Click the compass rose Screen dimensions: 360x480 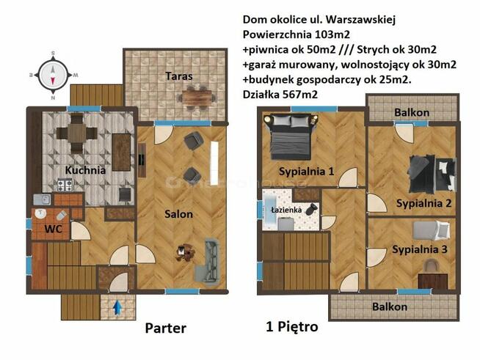pyautogui.click(x=52, y=74)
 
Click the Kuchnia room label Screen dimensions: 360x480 pyautogui.click(x=85, y=169)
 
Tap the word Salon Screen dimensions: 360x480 pyautogui.click(x=178, y=214)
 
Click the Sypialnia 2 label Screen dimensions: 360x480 pyautogui.click(x=423, y=203)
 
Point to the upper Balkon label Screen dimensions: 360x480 pyautogui.click(x=412, y=112)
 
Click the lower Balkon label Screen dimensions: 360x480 pyautogui.click(x=389, y=306)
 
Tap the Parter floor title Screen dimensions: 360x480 pyautogui.click(x=165, y=328)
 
